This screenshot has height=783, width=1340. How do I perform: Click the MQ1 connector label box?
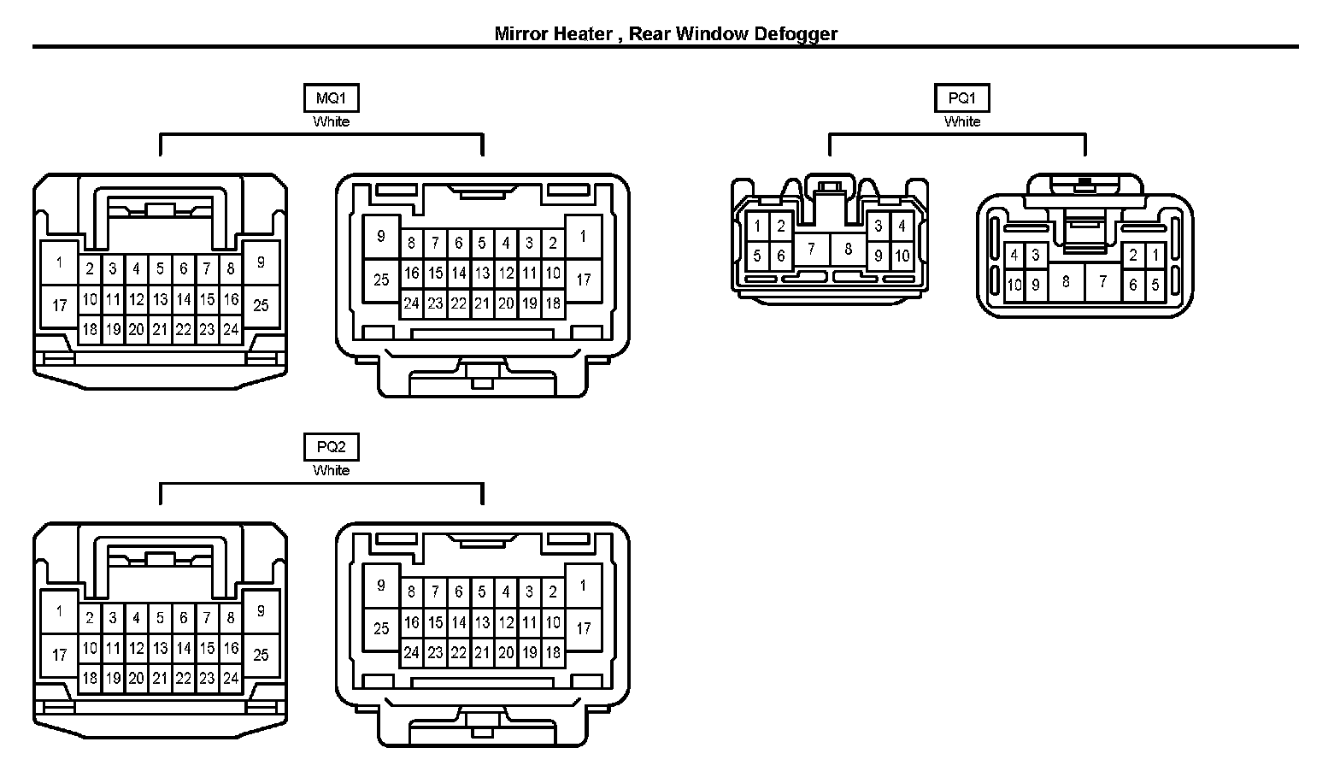pyautogui.click(x=331, y=98)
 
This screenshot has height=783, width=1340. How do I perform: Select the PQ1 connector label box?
pyautogui.click(x=961, y=98)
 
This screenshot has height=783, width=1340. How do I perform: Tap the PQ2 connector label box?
pyautogui.click(x=331, y=447)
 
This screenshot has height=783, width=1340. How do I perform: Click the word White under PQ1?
pyautogui.click(x=961, y=121)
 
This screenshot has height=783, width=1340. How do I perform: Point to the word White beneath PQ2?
pyautogui.click(x=331, y=470)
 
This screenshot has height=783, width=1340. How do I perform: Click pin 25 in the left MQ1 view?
pyautogui.click(x=261, y=304)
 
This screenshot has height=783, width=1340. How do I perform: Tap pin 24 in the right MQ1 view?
pyautogui.click(x=411, y=303)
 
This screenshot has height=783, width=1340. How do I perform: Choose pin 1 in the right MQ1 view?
pyautogui.click(x=583, y=236)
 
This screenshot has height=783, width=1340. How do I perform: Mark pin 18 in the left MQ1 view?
pyautogui.click(x=90, y=329)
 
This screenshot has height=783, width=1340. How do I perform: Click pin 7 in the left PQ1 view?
pyautogui.click(x=811, y=250)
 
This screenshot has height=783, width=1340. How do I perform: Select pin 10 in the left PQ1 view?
pyautogui.click(x=902, y=256)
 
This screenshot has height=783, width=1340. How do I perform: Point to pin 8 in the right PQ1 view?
pyautogui.click(x=1065, y=280)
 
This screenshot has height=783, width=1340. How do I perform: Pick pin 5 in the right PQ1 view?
pyautogui.click(x=1155, y=285)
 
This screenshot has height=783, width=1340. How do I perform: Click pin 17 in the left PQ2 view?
pyautogui.click(x=59, y=655)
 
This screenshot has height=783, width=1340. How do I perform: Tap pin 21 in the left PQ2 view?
pyautogui.click(x=160, y=679)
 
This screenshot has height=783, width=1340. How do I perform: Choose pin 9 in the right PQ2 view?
pyautogui.click(x=381, y=586)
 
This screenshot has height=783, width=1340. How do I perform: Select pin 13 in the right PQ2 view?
pyautogui.click(x=482, y=622)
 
